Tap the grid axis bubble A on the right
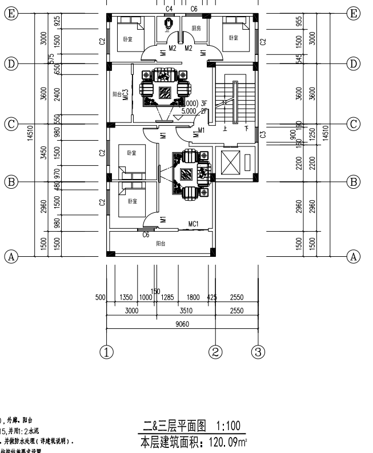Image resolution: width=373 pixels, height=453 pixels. (x=354, y=256)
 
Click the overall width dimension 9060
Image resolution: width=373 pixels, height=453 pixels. (x=182, y=324)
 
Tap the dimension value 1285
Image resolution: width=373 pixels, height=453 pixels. (x=167, y=297)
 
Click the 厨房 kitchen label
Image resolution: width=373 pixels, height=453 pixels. (x=196, y=28)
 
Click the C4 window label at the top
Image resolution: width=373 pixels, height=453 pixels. (x=169, y=9)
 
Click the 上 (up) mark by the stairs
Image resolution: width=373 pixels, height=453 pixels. (x=224, y=129)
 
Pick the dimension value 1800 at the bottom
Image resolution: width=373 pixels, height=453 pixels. (x=194, y=297)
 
